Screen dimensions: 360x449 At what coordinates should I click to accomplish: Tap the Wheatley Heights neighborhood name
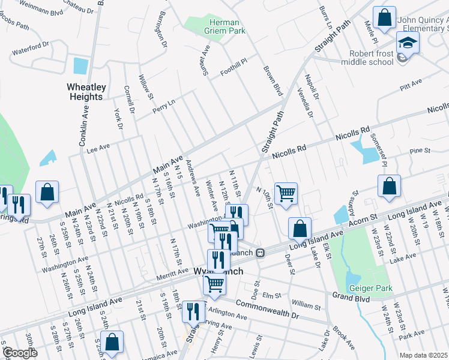86,92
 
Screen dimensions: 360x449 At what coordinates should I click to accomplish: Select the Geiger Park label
370,289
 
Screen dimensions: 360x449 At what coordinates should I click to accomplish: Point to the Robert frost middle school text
379,57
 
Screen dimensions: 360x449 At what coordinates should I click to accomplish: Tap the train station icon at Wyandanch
260,253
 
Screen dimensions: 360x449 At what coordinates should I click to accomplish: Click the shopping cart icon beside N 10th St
286,193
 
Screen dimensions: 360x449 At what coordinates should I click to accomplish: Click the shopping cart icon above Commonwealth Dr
214,283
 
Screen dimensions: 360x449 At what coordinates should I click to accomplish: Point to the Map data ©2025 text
423,355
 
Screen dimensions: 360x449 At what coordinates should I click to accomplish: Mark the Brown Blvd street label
273,82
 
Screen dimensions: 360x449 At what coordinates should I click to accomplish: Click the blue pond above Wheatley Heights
79,66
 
